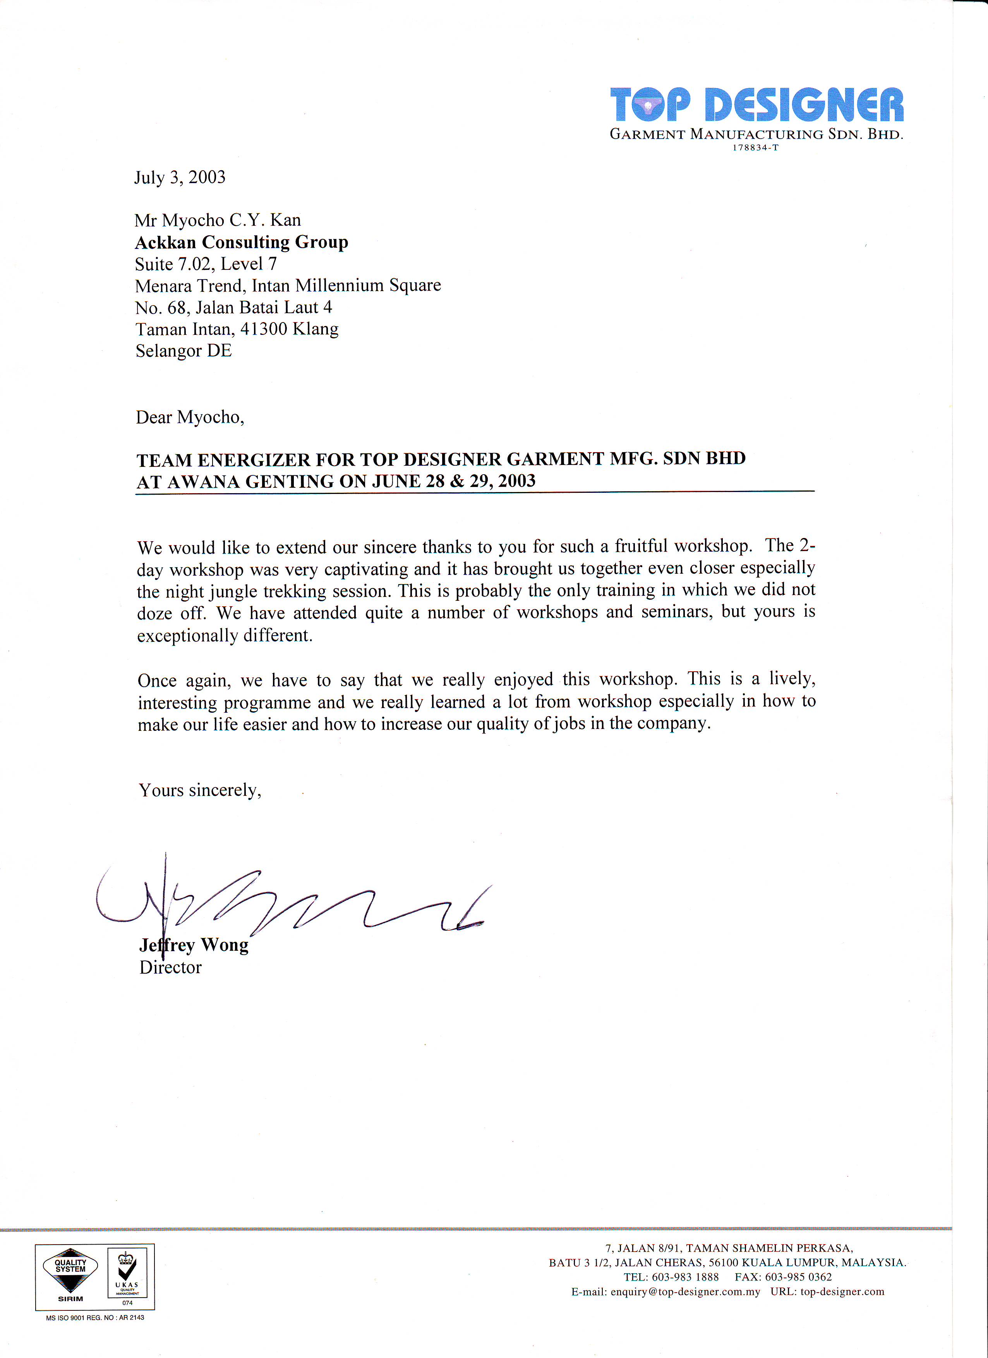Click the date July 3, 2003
(x=180, y=178)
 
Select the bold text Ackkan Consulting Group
(x=241, y=242)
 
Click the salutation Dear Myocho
(x=190, y=417)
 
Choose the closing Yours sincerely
(x=200, y=790)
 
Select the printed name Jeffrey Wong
(x=194, y=945)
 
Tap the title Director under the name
(x=171, y=968)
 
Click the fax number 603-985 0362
(x=798, y=1277)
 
